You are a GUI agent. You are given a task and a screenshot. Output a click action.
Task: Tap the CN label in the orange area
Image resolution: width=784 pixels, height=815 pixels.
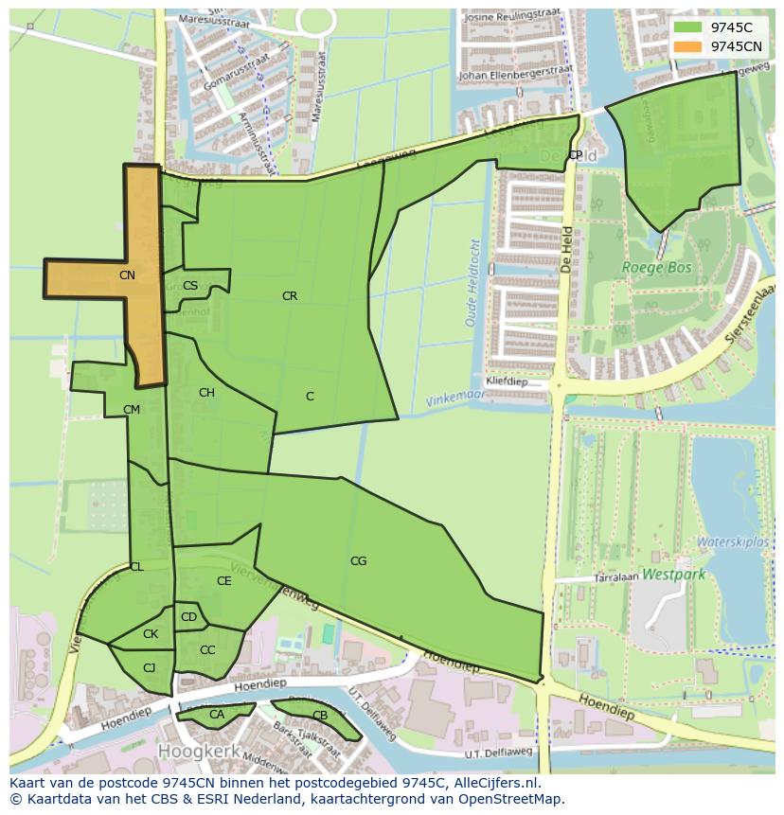pos(127,275)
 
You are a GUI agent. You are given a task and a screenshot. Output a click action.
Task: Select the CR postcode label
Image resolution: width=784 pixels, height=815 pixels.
pos(290,296)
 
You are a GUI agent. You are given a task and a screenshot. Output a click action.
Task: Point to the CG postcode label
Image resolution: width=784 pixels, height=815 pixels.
pos(358,561)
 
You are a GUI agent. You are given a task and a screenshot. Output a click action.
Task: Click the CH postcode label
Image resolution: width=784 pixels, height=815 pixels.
pos(206,393)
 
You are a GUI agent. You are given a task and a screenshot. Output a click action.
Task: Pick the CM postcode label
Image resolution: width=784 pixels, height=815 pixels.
pos(132,410)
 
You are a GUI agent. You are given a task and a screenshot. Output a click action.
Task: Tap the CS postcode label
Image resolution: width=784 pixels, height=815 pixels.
pos(190,286)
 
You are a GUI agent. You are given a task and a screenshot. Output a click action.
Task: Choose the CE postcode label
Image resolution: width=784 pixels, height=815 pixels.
pos(224,581)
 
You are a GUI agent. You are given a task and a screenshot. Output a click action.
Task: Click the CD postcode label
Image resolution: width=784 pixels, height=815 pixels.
pos(188,618)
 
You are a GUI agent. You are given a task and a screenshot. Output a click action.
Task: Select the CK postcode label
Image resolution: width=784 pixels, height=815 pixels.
pos(151,634)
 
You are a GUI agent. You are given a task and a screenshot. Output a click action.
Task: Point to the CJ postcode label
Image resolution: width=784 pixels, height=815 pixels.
pos(149,668)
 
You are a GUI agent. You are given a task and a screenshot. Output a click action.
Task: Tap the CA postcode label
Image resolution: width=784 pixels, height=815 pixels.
pos(217,715)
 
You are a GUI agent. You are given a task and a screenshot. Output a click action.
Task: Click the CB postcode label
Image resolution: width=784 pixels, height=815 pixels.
pos(320,716)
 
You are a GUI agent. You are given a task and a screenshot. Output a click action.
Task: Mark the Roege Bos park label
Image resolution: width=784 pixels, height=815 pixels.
pos(656,268)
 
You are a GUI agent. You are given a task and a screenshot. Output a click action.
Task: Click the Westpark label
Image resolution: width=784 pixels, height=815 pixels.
pos(673,574)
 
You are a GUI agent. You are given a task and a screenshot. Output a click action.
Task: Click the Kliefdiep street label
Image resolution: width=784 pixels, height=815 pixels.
pos(506,382)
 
